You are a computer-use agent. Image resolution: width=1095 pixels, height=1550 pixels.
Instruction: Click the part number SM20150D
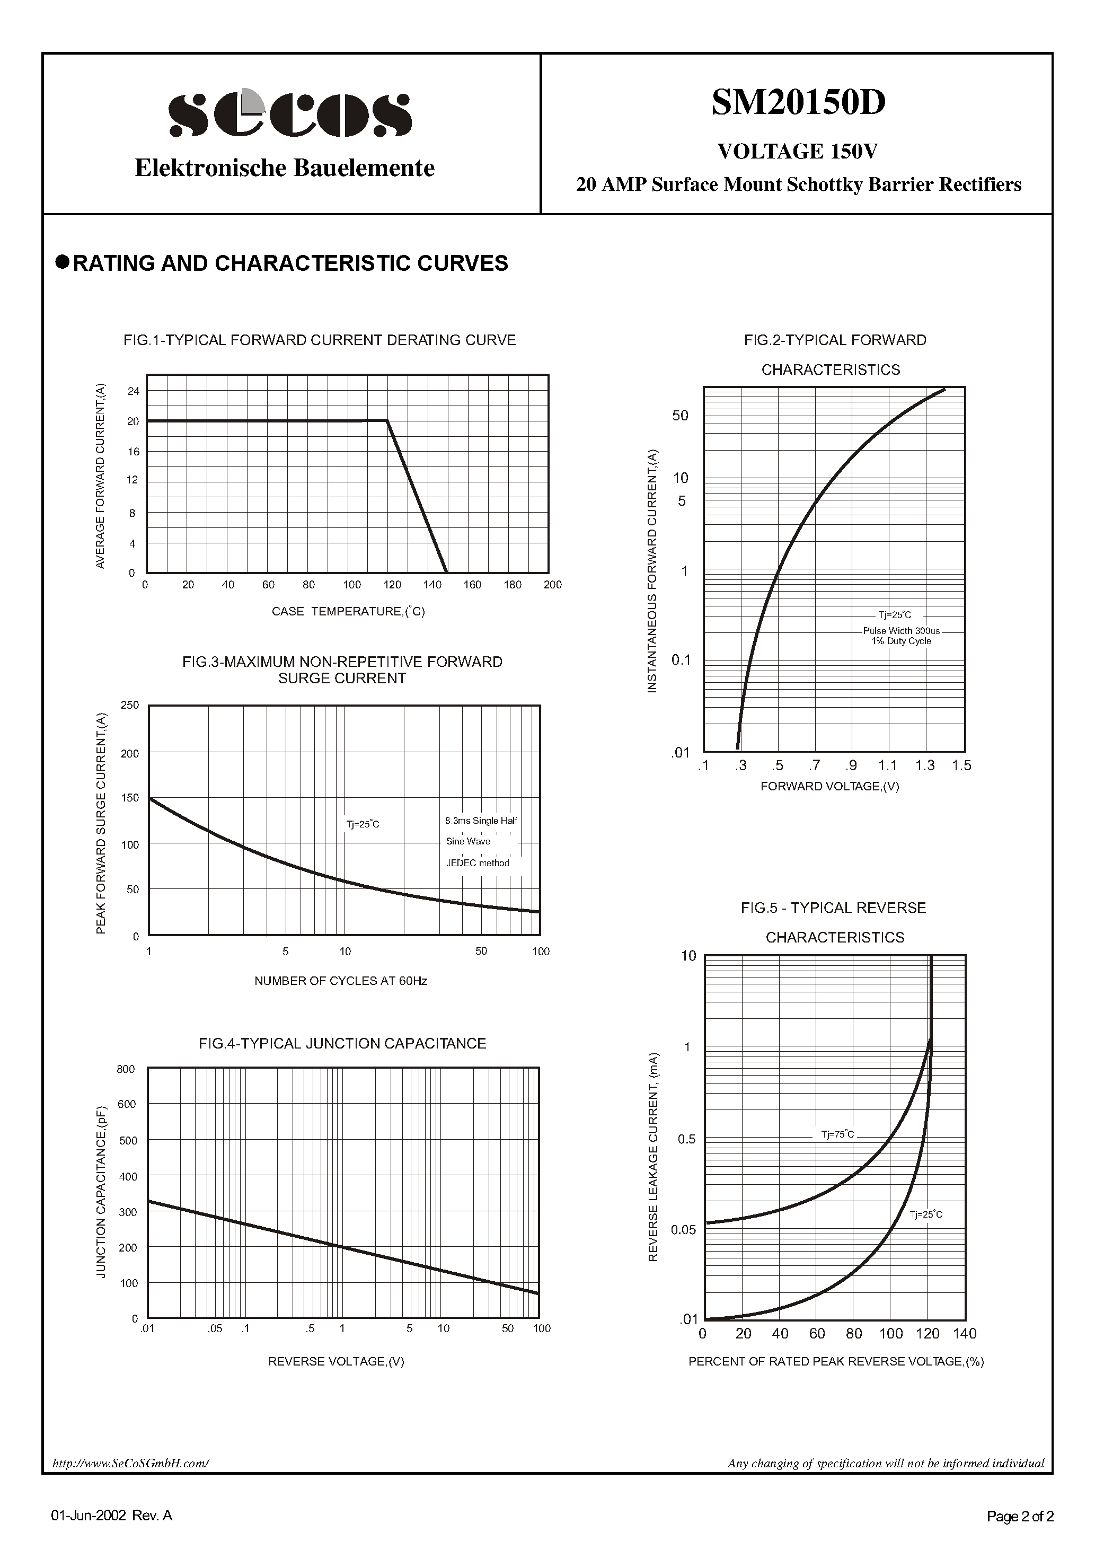click(798, 103)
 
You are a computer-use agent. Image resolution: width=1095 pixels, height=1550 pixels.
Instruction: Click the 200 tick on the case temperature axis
click(552, 585)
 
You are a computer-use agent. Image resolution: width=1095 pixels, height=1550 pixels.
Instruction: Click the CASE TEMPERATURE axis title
click(348, 612)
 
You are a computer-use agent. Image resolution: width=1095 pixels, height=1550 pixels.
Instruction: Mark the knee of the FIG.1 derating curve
click(387, 420)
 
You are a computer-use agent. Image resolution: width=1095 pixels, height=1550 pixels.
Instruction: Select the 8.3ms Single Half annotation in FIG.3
click(481, 821)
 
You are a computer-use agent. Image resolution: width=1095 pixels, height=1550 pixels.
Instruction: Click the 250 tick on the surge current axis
click(130, 706)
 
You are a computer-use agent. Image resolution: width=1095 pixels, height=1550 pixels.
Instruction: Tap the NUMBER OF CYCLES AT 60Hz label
click(340, 981)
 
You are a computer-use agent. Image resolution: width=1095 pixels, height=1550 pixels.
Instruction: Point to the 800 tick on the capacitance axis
click(126, 1069)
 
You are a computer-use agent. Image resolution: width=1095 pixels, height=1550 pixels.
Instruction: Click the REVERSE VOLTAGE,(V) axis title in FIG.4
click(336, 1362)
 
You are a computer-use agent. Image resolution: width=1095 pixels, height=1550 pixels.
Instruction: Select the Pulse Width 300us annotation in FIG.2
click(900, 630)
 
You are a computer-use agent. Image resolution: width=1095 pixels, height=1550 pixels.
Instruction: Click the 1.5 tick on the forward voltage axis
click(961, 765)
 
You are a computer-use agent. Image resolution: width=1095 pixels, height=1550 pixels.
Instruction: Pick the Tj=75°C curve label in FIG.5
click(837, 1135)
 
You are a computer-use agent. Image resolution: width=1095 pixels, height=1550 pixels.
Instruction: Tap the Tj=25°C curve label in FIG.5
click(925, 1214)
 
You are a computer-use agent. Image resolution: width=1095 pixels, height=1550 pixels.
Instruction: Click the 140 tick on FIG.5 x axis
click(965, 1334)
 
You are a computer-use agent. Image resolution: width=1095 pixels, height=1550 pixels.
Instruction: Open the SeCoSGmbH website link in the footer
click(131, 1464)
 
